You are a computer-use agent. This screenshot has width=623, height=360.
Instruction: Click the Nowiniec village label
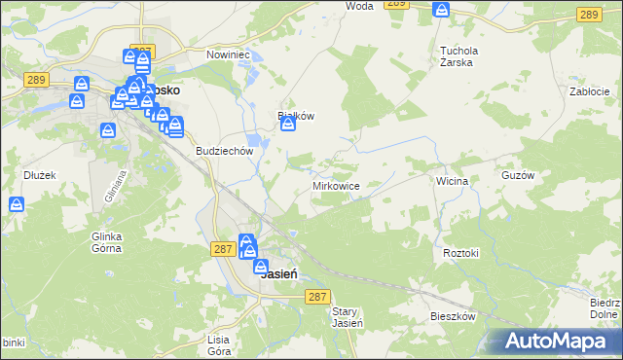click(x=229, y=54)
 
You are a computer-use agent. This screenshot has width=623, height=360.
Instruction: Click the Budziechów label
click(x=225, y=152)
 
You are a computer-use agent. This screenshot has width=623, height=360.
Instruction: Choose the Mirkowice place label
click(x=337, y=185)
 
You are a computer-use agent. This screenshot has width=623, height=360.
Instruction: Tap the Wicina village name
click(x=453, y=181)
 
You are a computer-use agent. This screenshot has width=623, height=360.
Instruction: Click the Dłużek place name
click(x=38, y=176)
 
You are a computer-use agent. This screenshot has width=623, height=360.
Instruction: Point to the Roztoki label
click(x=461, y=253)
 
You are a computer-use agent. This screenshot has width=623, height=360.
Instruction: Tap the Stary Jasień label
click(x=348, y=317)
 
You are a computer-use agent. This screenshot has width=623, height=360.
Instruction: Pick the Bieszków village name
click(x=453, y=317)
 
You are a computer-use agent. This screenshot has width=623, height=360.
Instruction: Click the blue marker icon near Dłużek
click(x=17, y=205)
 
